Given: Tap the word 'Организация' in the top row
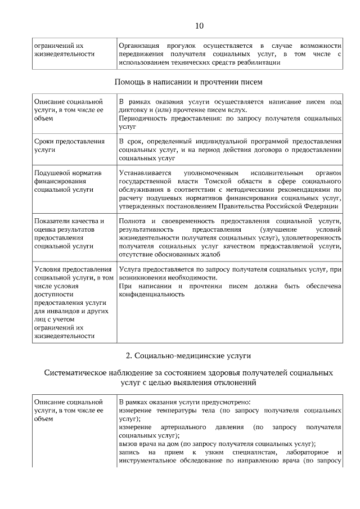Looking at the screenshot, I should [x=139, y=45].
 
